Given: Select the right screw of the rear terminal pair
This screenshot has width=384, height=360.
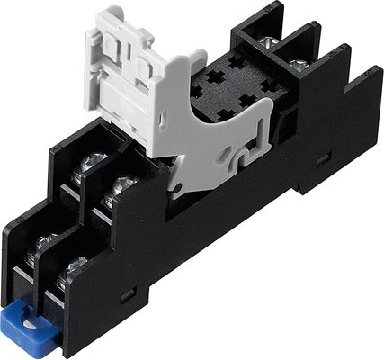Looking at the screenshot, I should (x=300, y=64).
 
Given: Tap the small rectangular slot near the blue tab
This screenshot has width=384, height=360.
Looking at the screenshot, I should (x=123, y=293).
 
